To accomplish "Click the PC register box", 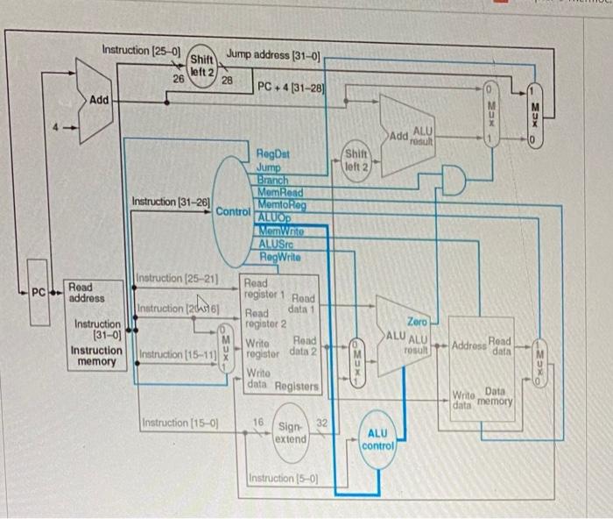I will [x=39, y=291].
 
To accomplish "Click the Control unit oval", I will [x=233, y=211].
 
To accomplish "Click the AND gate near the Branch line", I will [x=454, y=181].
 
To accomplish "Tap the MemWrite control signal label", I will [x=280, y=231].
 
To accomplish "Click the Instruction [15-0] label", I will [x=179, y=424].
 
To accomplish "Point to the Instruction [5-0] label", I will [x=282, y=479].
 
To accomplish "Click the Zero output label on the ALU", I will [x=417, y=323].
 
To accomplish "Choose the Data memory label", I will [x=495, y=395].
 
